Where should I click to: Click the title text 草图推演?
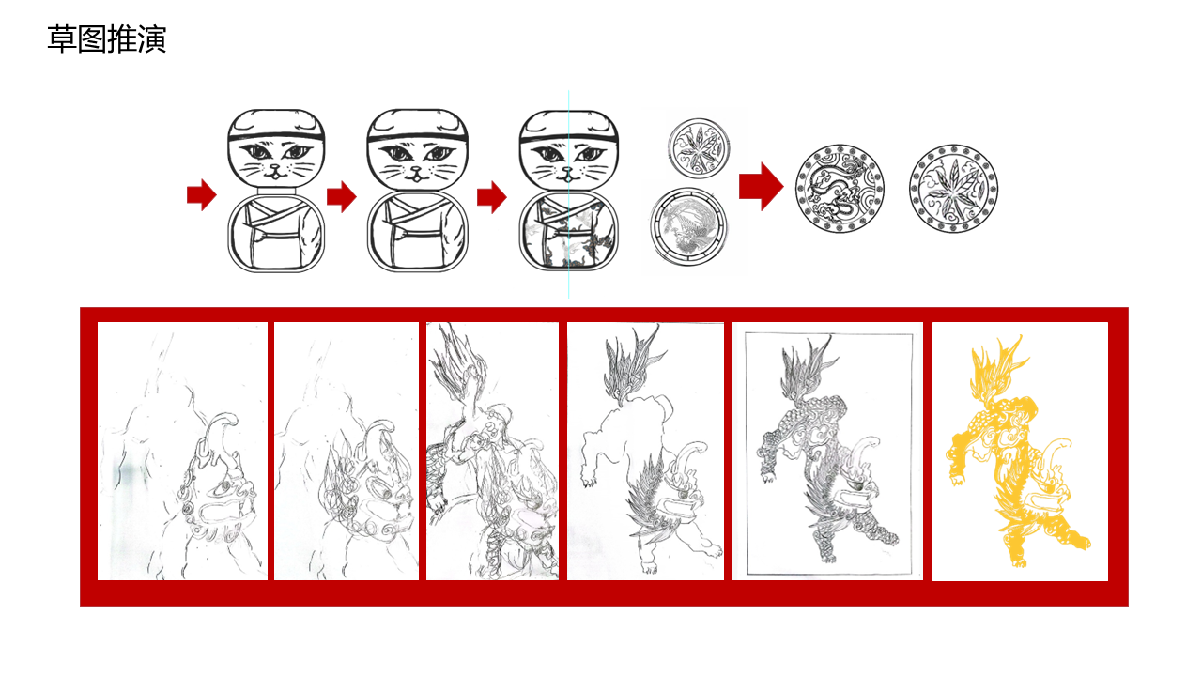coord(107,39)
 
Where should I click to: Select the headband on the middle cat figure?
coord(418,137)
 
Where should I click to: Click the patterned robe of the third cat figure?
coord(569,231)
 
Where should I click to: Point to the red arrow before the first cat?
coord(202,194)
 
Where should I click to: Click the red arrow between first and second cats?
coord(341,196)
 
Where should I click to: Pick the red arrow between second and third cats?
coord(491,196)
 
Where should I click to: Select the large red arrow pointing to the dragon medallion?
coord(761,186)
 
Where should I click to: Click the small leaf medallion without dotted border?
coord(700,148)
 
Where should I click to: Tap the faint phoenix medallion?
coord(688,226)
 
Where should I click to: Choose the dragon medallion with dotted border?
coord(840,189)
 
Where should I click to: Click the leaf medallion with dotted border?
coord(953,189)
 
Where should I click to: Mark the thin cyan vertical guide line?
coord(569,194)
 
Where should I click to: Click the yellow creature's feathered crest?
coord(997,367)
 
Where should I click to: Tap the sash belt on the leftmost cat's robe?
coord(276,236)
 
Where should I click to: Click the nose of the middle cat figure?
coord(416,170)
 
